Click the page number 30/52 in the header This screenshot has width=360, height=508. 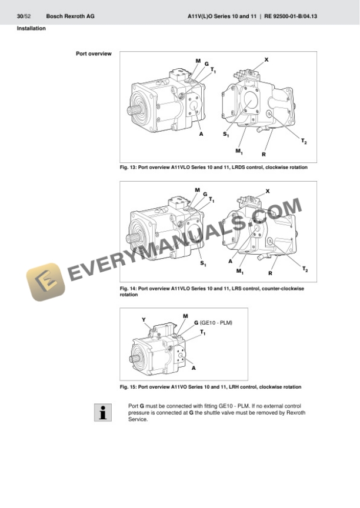click(x=24, y=16)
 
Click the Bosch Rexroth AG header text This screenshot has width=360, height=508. click(x=70, y=16)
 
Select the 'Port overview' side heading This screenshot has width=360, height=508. click(x=94, y=54)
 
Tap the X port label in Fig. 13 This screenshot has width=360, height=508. click(x=266, y=60)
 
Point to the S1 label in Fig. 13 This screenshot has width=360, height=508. click(x=226, y=135)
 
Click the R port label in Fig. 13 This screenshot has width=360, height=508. click(x=264, y=154)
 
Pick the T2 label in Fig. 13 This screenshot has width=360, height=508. click(x=304, y=142)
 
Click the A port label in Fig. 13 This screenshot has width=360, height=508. click(x=201, y=133)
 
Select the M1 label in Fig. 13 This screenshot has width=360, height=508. click(x=239, y=152)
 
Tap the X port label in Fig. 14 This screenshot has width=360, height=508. click(x=268, y=191)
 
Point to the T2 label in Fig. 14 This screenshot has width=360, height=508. click(x=305, y=269)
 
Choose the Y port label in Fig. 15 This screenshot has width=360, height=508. click(x=144, y=320)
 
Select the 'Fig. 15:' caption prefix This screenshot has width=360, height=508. click(x=128, y=387)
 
